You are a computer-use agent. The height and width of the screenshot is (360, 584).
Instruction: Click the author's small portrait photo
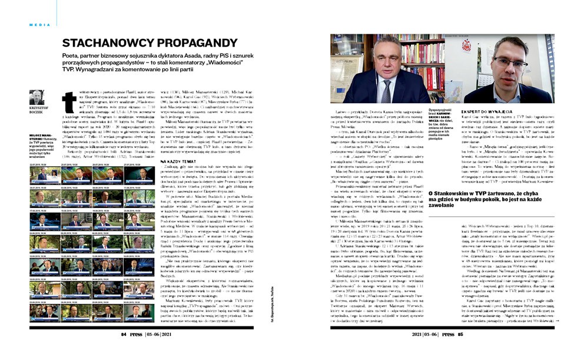(36, 97)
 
